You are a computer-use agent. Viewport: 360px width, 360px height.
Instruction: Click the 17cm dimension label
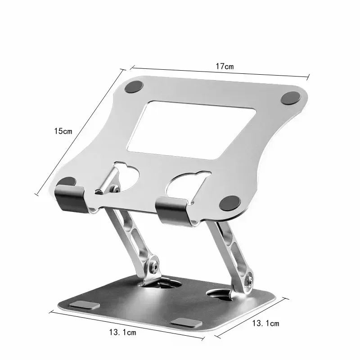(x=224, y=66)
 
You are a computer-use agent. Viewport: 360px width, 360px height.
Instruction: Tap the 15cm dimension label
(x=63, y=131)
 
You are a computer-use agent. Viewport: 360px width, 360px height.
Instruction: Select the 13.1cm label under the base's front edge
(x=122, y=333)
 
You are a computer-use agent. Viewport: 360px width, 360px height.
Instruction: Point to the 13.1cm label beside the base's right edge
(x=265, y=323)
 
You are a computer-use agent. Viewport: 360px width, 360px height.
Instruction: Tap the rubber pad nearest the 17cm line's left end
(x=134, y=86)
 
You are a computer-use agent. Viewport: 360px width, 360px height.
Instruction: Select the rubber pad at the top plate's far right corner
(x=290, y=98)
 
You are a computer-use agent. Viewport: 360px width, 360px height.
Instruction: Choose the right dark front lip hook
(x=173, y=211)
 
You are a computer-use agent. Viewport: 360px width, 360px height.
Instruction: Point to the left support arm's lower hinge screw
(x=154, y=266)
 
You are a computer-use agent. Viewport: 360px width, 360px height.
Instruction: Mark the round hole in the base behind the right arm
(x=219, y=294)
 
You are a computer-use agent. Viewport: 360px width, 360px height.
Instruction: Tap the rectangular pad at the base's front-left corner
(x=85, y=305)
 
